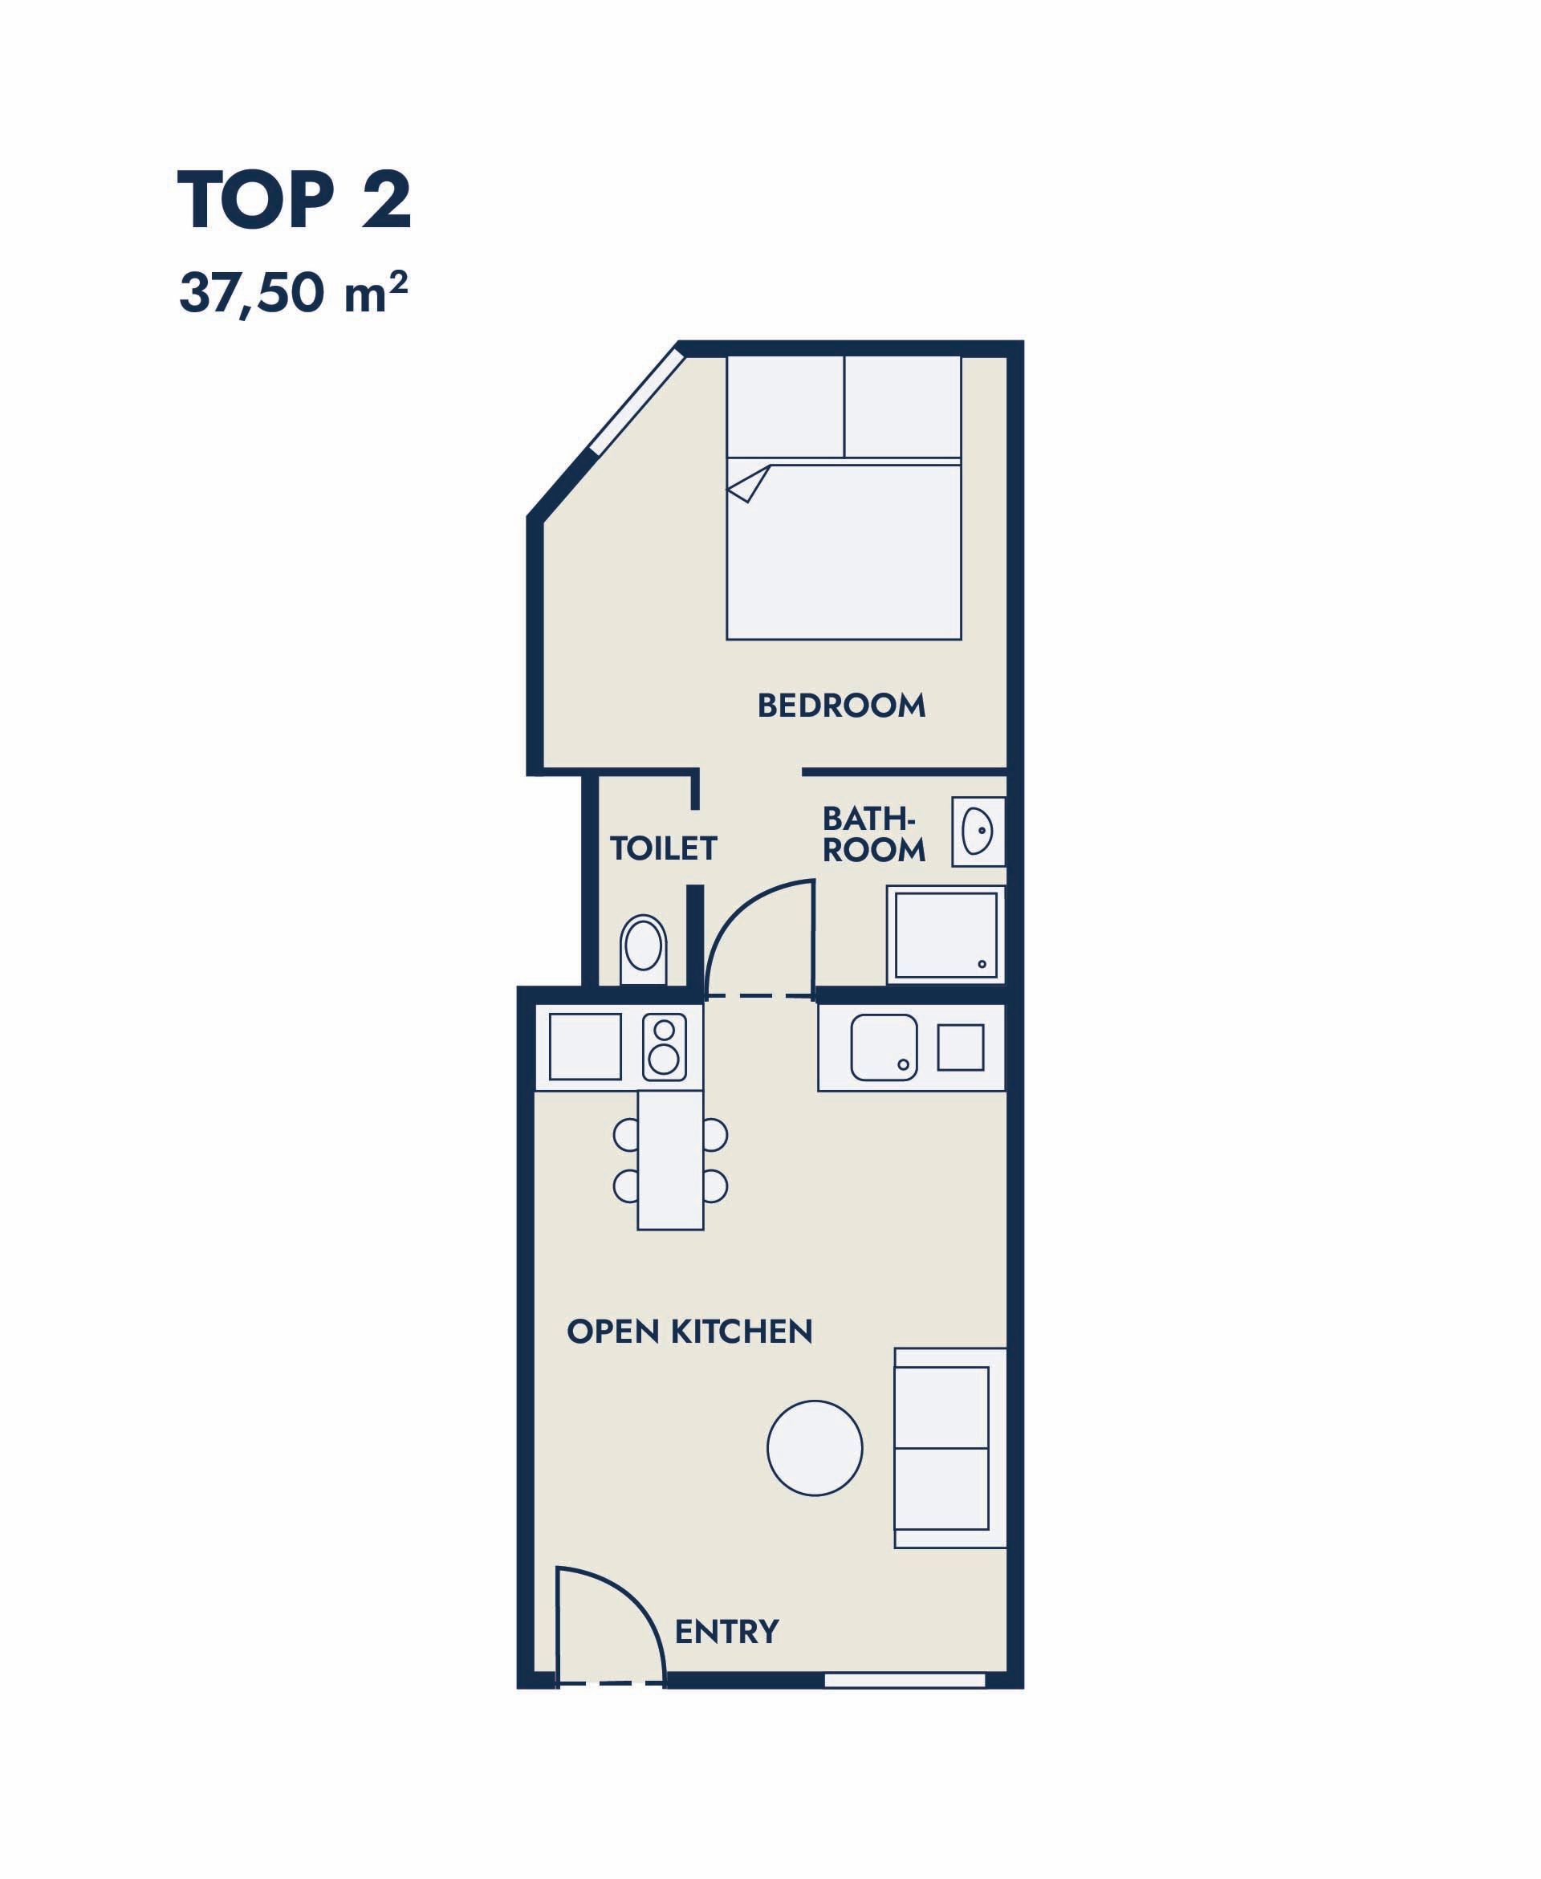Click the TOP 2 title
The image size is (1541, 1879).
point(295,201)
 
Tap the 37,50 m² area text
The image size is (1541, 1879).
point(294,293)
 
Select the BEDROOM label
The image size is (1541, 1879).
point(840,706)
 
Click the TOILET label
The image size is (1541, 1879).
point(663,848)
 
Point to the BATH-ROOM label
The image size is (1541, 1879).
point(874,834)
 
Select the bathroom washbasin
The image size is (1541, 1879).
point(978,832)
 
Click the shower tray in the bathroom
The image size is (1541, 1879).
point(945,934)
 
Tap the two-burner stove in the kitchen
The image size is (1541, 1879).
point(664,1047)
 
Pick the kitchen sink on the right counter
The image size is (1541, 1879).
point(884,1047)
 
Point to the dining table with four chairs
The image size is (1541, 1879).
point(670,1160)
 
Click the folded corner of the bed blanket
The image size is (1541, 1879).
point(748,484)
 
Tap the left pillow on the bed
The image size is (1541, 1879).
point(786,408)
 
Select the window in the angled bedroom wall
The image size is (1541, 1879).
point(636,404)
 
